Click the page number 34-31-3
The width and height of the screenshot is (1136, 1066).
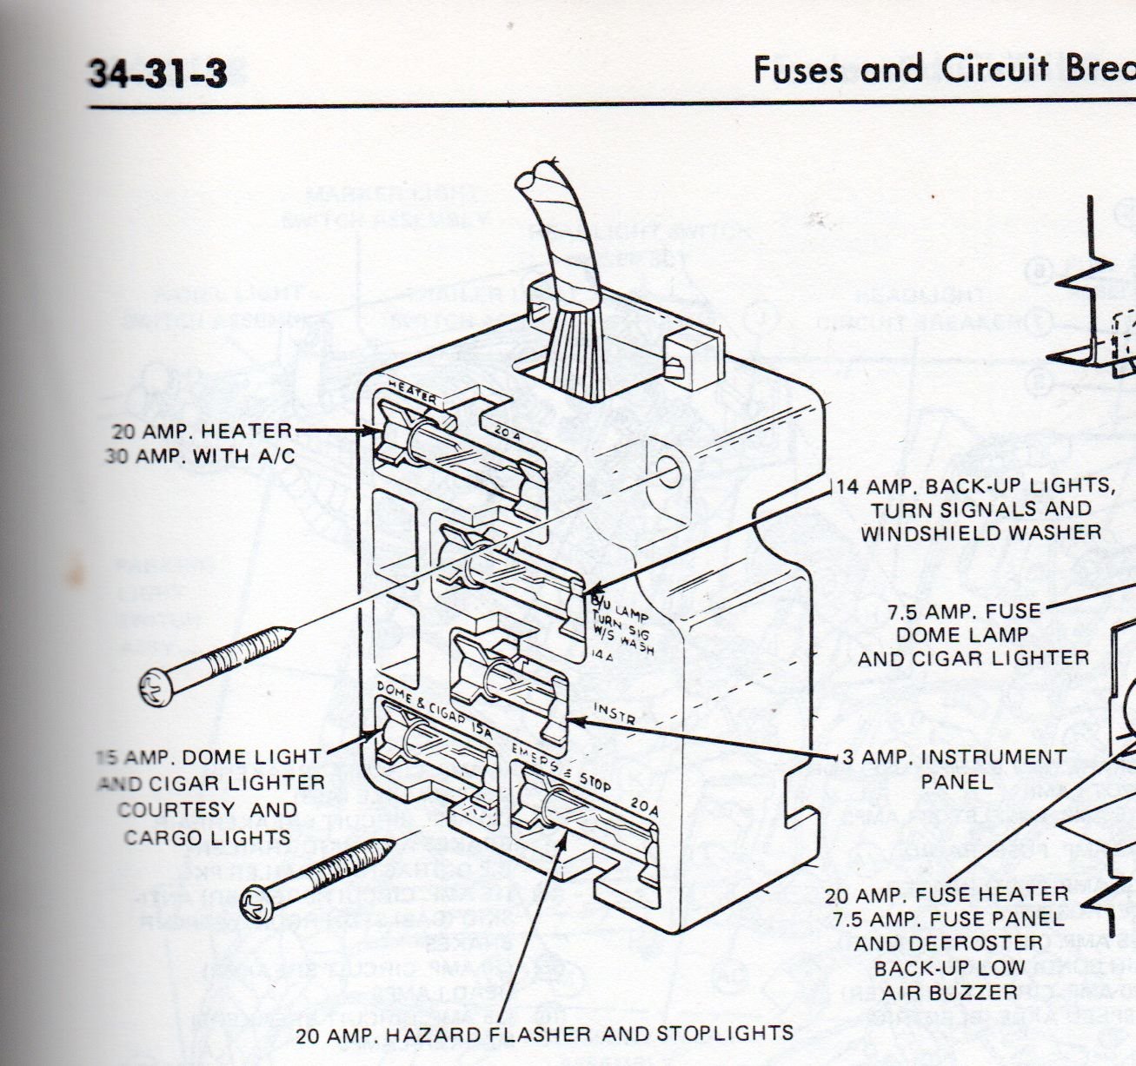point(157,73)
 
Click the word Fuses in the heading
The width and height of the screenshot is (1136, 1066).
point(801,70)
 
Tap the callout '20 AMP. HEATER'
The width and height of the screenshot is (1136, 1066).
point(202,431)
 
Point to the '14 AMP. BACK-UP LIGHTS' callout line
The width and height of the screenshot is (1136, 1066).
point(973,486)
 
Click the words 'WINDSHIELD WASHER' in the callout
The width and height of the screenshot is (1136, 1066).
point(980,532)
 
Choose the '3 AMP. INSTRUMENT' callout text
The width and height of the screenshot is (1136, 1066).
point(953,757)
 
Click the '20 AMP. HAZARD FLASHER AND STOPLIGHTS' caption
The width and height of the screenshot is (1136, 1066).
point(544,1033)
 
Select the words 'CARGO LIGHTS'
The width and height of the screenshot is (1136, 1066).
point(207,838)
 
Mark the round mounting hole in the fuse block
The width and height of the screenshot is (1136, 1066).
point(671,473)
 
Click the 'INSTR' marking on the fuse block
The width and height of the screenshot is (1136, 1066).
point(614,715)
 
